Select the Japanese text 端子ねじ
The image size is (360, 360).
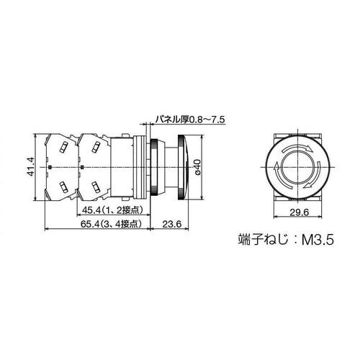pyautogui.click(x=261, y=239)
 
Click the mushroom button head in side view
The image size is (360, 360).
pyautogui.click(x=186, y=166)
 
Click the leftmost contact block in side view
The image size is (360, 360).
pyautogui.click(x=60, y=166)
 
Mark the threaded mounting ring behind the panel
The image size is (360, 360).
pyautogui.click(x=155, y=166)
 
